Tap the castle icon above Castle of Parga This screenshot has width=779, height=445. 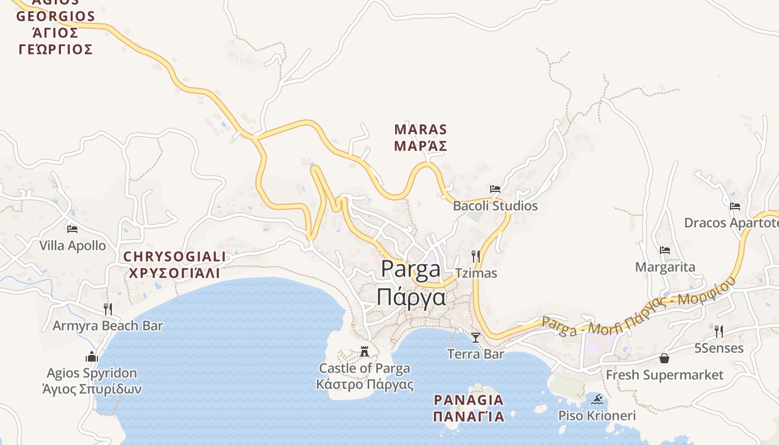pos(364,351)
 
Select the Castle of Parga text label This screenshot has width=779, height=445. pos(364,376)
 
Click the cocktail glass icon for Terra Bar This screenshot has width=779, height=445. pos(475,337)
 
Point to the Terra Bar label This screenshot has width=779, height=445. pos(475,354)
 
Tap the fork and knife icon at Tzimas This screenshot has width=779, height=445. pos(476,256)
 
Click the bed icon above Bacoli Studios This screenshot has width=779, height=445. pos(495,189)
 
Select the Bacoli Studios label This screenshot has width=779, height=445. pos(495,206)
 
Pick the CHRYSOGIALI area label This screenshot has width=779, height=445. pos(174,265)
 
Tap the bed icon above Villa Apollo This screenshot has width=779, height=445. pos(72,229)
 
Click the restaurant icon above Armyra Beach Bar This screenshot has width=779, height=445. pos(108,309)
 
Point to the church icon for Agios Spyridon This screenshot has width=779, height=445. pos(92,356)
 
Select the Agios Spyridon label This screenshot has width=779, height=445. pos(92,380)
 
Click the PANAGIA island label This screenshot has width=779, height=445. pos(469,408)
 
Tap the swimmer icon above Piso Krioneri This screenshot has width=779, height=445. pos(597,399)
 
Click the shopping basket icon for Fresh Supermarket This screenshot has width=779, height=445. pos(664,358)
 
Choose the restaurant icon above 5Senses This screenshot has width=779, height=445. pos(719,332)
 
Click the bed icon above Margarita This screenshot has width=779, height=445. pos(665,250)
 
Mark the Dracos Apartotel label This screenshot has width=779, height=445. pos(731,223)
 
